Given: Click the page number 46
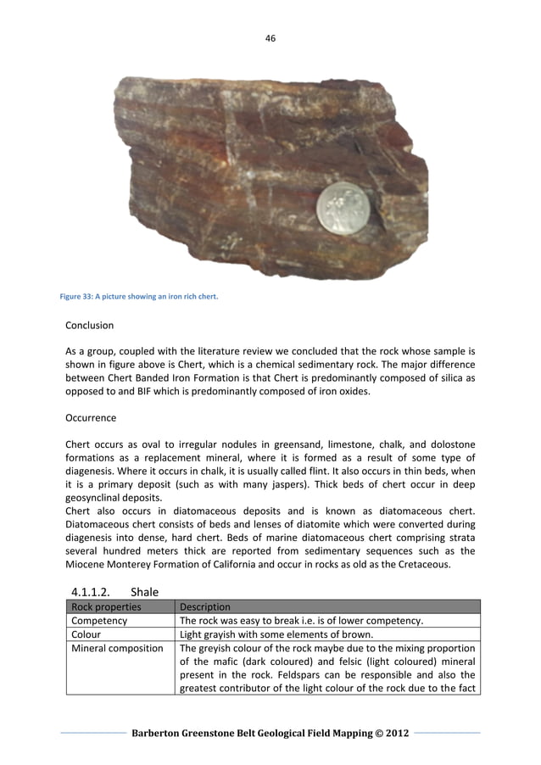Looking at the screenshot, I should click(x=270, y=38).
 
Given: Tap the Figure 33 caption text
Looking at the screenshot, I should click(x=139, y=296).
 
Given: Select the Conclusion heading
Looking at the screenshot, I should click(x=89, y=325).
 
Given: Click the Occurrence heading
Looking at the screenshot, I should click(x=91, y=418).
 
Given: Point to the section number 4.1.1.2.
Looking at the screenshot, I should click(x=95, y=592).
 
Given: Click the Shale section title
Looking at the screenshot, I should click(x=144, y=592).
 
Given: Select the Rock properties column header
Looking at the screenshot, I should click(x=106, y=607).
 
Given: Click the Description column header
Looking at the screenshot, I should click(x=204, y=607).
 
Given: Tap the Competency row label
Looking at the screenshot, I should click(x=99, y=621).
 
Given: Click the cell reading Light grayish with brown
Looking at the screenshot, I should click(x=293, y=634).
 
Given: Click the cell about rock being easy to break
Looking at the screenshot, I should click(x=301, y=621).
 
